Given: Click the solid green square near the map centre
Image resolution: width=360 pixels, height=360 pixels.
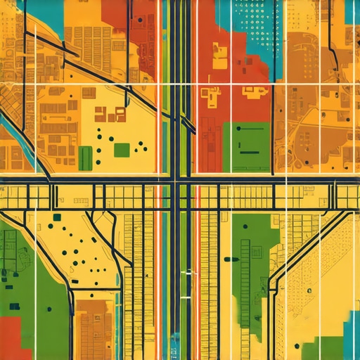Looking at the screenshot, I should (122, 149).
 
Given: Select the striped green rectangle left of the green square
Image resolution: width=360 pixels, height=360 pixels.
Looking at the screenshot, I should (85, 158).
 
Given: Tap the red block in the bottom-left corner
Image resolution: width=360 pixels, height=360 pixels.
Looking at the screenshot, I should (10, 338).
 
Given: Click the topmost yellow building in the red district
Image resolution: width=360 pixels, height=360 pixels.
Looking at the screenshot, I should (219, 49).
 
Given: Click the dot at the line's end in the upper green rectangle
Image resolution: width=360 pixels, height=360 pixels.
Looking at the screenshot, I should (240, 129).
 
